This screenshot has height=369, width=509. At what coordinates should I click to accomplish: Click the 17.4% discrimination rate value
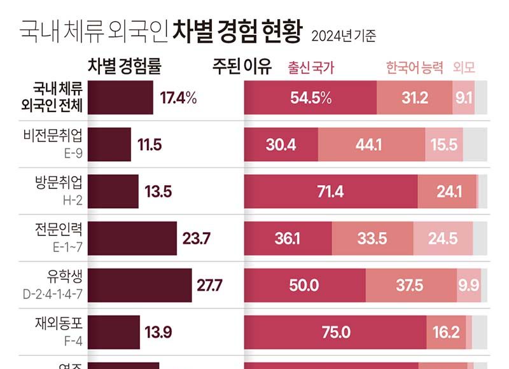179,98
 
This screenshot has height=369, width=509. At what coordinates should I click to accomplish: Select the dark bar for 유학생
140,285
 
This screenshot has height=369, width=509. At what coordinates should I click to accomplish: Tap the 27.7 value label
209,285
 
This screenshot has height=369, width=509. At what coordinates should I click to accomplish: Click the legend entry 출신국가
311,67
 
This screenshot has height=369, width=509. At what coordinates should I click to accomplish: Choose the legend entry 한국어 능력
414,67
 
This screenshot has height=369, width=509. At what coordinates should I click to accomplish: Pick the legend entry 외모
464,67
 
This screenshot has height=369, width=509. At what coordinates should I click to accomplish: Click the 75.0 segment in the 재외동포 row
335,331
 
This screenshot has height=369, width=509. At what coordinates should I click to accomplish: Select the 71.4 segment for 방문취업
330,191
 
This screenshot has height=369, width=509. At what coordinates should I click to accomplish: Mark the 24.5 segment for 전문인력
443,239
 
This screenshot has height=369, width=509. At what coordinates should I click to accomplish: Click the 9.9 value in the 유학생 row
468,285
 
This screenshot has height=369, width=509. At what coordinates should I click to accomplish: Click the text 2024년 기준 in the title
343,36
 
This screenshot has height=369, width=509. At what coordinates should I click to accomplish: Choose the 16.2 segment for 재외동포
445,331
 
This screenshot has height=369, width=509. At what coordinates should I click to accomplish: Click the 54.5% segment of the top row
310,98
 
